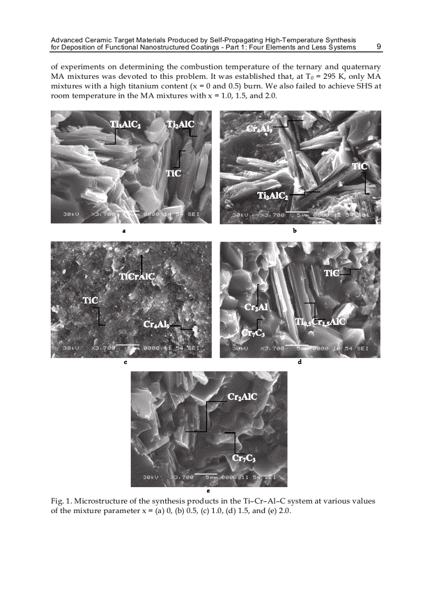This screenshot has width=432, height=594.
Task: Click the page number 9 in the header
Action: (x=379, y=47)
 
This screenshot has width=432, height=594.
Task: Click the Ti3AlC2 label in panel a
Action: (x=125, y=125)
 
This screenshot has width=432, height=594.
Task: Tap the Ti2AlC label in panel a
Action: (x=181, y=125)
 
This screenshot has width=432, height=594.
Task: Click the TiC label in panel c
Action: (x=91, y=300)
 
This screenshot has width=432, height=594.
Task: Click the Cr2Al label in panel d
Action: (x=256, y=307)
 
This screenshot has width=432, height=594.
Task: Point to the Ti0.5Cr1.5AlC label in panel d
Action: (x=320, y=322)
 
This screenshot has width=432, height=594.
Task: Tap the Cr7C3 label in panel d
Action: (x=253, y=332)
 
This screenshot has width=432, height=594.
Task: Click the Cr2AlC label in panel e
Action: (x=242, y=396)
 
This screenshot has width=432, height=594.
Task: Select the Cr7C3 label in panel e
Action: (x=244, y=458)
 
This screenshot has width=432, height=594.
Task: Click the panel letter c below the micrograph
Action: (x=123, y=363)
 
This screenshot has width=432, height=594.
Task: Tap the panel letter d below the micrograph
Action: (x=300, y=363)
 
